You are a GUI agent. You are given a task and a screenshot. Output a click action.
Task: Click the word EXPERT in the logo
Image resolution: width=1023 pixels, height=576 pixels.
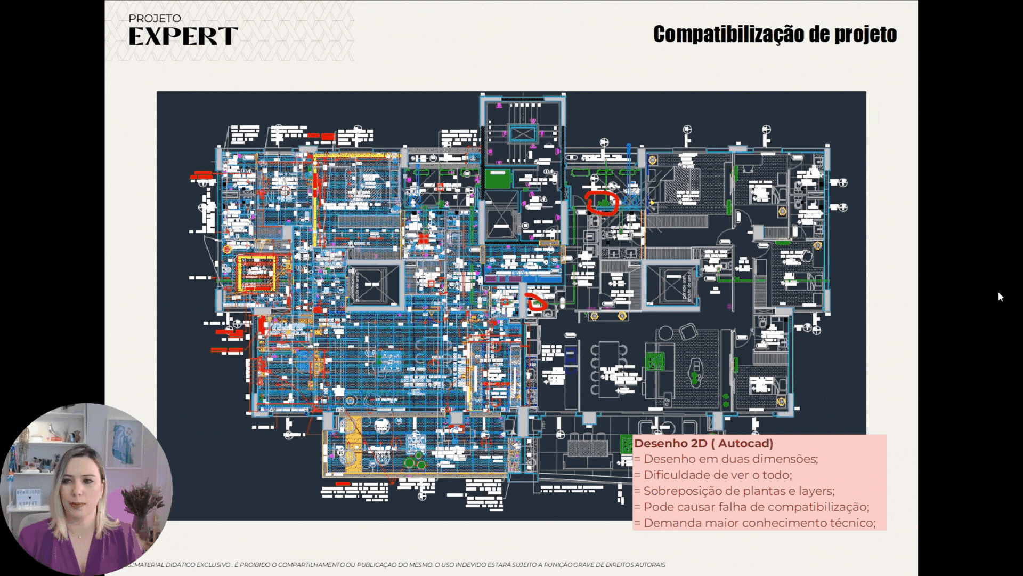tap(183, 36)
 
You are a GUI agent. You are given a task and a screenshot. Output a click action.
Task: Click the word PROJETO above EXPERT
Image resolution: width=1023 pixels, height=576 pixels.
tap(155, 19)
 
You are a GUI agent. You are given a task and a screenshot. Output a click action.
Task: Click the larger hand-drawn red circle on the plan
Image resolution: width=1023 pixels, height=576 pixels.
tap(602, 203)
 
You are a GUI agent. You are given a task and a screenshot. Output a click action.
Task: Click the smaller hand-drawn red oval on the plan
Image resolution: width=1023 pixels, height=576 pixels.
tap(536, 302)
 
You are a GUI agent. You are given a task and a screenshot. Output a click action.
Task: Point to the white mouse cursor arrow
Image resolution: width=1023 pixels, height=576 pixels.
tap(1000, 297)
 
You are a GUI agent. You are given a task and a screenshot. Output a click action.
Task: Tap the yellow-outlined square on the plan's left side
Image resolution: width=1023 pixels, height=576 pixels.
tap(256, 273)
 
